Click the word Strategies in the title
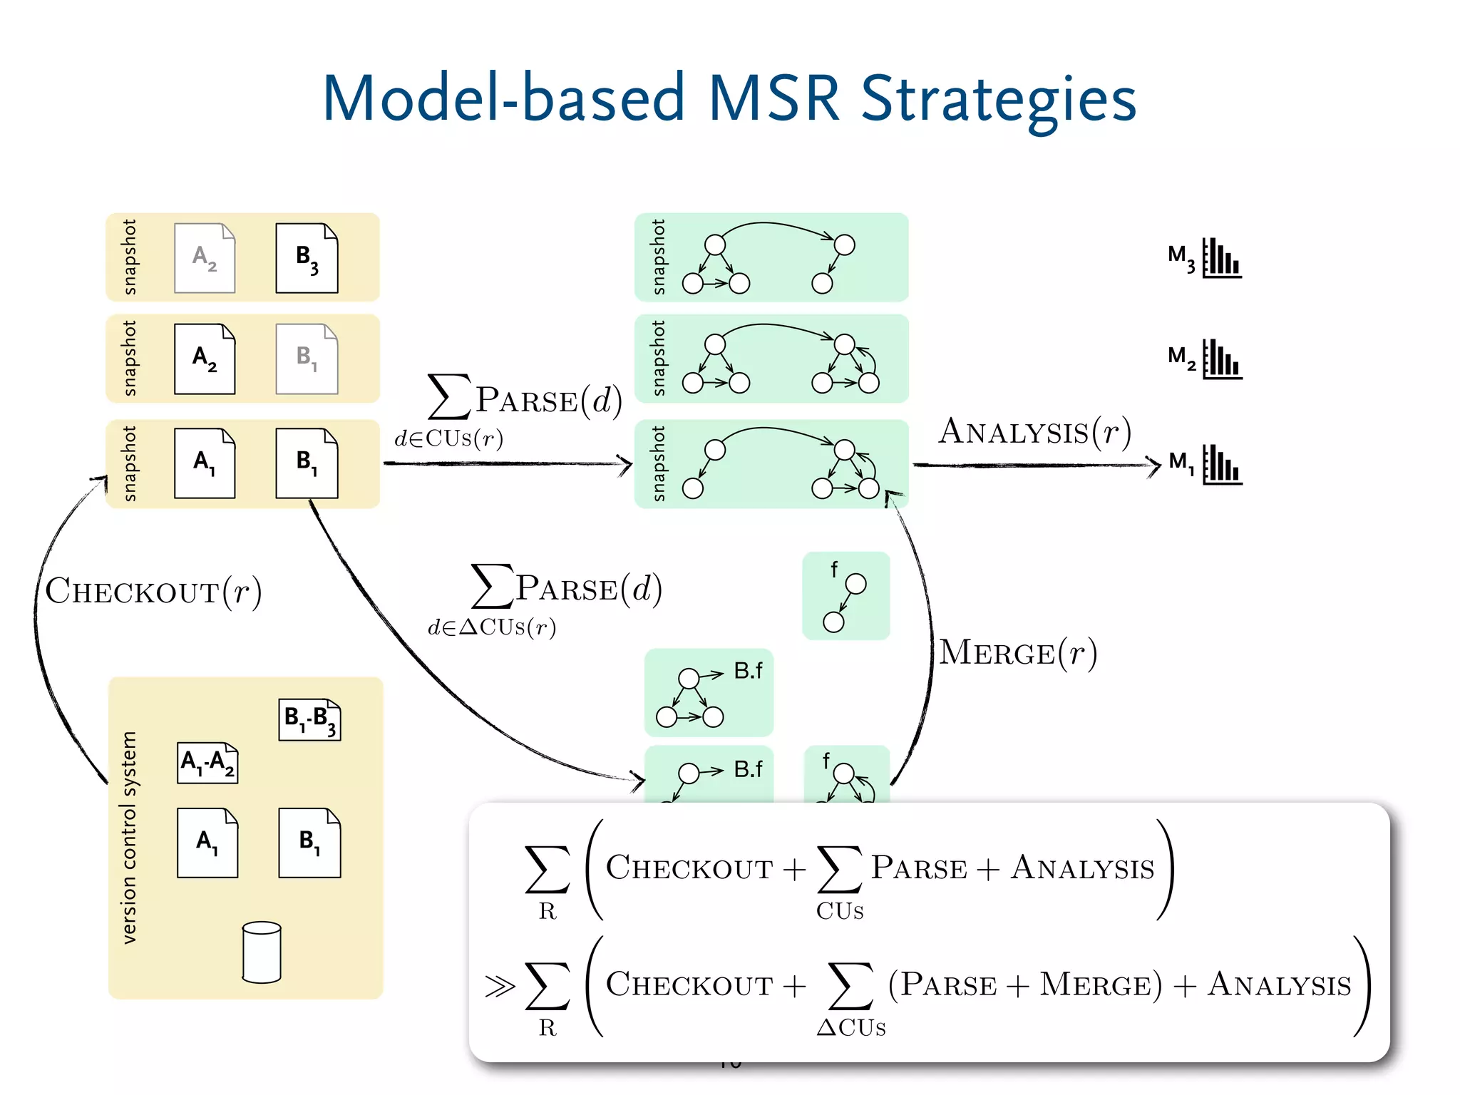point(998,100)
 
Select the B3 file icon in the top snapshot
point(307,258)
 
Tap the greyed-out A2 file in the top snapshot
point(205,258)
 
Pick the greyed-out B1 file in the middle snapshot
point(307,359)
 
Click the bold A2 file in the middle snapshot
point(205,359)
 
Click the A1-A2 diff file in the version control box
point(207,763)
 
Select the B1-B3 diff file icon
point(309,719)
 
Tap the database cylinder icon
point(262,952)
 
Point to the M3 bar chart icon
point(1222,258)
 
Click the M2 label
point(1181,357)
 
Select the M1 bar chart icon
point(1222,465)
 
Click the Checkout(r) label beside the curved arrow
point(153,591)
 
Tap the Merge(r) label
point(1017,652)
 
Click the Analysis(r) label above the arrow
point(1034,432)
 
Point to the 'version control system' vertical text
point(129,838)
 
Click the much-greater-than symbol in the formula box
point(500,986)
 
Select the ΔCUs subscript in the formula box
point(851,1027)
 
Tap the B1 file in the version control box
point(309,843)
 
